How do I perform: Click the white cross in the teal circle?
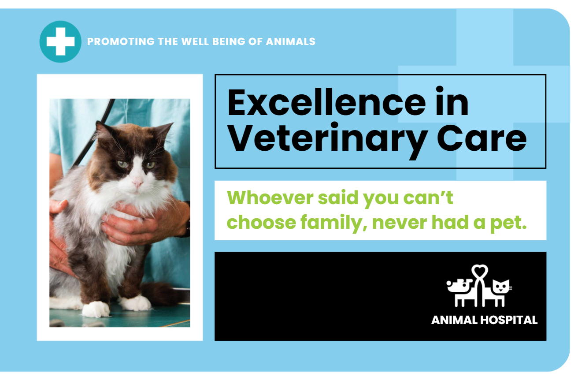(x=60, y=41)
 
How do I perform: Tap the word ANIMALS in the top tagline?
(x=291, y=41)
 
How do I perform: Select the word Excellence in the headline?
(x=326, y=102)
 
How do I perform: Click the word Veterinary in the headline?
(x=327, y=138)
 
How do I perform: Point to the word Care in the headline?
(x=482, y=138)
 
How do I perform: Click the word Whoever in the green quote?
(x=270, y=198)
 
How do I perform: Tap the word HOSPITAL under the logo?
(x=509, y=320)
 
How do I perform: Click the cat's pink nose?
(x=137, y=183)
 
